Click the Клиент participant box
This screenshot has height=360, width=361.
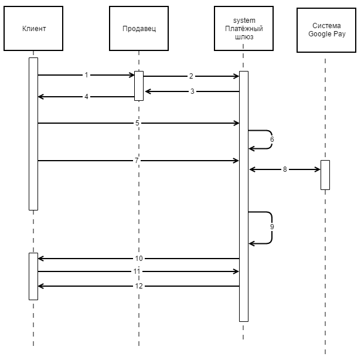point(33,28)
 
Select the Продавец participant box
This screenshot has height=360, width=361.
point(139,28)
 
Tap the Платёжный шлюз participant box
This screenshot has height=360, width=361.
point(244,28)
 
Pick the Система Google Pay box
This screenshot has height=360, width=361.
point(326,30)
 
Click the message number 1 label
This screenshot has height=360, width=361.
point(86,75)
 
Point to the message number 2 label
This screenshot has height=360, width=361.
point(191,76)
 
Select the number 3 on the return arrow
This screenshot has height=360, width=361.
point(192,91)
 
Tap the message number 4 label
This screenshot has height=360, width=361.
point(86,97)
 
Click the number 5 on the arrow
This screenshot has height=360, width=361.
point(137,123)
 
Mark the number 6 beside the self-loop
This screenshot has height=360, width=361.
point(272,140)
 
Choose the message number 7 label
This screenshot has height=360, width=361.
point(137,160)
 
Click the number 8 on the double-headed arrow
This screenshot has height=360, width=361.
point(285,169)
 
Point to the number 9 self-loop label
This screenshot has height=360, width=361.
point(272,227)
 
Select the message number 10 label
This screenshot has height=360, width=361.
point(139,259)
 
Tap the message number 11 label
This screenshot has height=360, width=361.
point(137,271)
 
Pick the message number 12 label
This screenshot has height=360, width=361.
point(139,286)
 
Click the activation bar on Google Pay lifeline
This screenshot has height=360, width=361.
point(325,175)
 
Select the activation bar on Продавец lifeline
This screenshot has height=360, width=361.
point(139,86)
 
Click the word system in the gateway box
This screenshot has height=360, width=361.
point(244,21)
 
